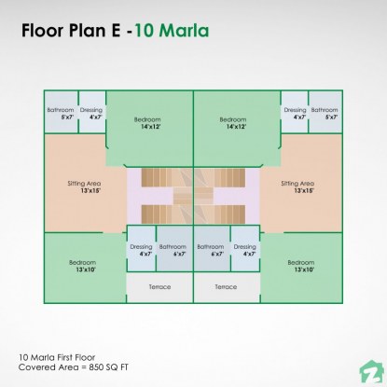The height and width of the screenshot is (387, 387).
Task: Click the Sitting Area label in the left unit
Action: (84, 187)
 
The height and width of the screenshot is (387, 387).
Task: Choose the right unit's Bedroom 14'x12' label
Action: (237, 122)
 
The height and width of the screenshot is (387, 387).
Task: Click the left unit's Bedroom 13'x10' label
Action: (82, 266)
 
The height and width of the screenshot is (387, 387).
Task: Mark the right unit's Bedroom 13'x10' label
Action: (303, 266)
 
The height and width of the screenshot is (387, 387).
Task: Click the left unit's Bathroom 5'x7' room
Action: (61, 114)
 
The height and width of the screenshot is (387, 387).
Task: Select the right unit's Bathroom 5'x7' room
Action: (325, 114)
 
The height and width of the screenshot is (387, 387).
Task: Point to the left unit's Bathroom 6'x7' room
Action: (173, 250)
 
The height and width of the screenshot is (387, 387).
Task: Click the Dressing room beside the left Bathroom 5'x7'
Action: (90, 114)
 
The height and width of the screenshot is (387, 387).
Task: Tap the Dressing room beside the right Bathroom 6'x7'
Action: (247, 250)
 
